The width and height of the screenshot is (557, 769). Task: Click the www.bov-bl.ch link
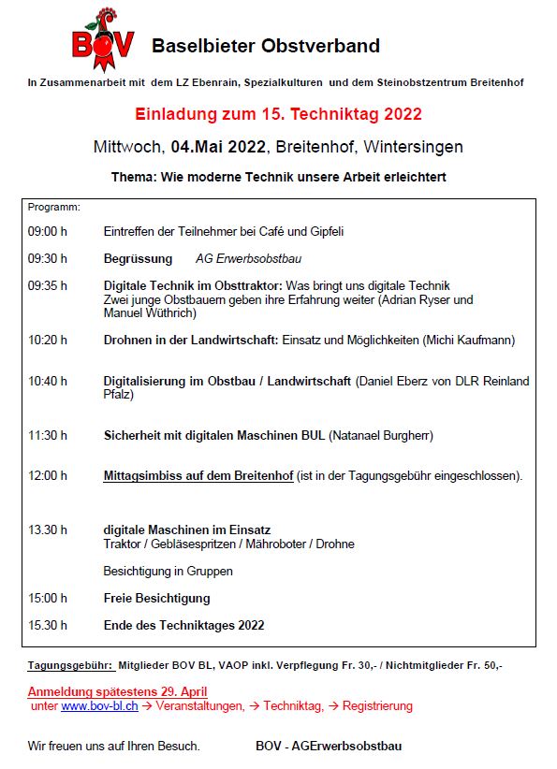tap(99, 706)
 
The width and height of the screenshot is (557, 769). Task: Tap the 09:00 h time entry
tap(48, 231)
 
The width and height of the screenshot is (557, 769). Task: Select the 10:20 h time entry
tap(48, 341)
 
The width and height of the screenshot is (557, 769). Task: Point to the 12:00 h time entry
tap(48, 476)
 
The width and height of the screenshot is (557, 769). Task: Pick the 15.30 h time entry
tap(48, 625)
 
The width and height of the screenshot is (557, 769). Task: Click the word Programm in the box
tap(53, 206)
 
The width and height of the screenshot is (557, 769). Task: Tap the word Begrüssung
tap(138, 258)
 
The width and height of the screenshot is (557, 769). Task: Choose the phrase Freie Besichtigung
tap(156, 598)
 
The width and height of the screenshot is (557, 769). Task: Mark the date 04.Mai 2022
tap(219, 148)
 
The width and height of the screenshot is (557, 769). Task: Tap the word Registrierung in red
tap(377, 706)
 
